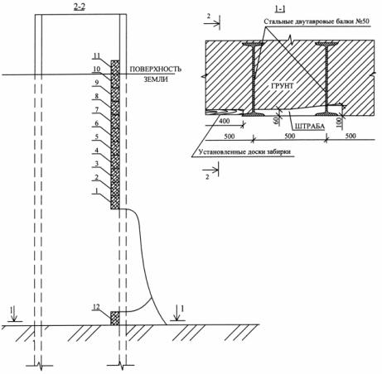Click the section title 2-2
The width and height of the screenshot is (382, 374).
[x=80, y=7]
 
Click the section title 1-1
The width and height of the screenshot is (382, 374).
[x=279, y=9]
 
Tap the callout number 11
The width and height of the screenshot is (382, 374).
[x=96, y=55]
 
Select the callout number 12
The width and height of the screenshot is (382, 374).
[x=96, y=307]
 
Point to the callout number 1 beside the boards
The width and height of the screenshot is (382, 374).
[x=96, y=190]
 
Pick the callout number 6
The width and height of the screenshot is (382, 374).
[x=97, y=123]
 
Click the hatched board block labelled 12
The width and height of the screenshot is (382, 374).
[x=115, y=319]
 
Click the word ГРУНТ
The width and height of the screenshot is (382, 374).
[x=283, y=86]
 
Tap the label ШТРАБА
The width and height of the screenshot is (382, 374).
[x=310, y=127]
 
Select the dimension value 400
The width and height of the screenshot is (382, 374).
[x=225, y=121]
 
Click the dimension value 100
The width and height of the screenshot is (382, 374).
[x=339, y=121]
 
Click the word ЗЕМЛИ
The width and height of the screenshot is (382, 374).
[x=156, y=79]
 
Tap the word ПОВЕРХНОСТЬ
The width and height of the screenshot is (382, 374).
[x=156, y=69]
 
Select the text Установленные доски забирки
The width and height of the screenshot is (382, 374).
[x=244, y=152]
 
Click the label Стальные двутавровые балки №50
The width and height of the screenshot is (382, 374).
[x=317, y=22]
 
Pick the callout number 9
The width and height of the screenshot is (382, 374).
[x=97, y=83]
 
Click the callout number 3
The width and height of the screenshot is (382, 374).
[x=97, y=164]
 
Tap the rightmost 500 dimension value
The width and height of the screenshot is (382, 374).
[x=351, y=136]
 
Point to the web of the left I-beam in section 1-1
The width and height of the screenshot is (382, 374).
[x=254, y=79]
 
